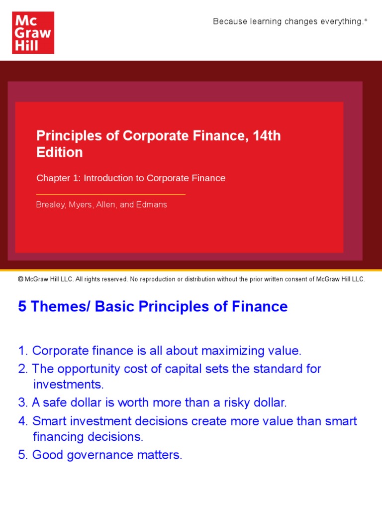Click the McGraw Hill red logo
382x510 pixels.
[x=33, y=32]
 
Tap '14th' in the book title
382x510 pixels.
[x=267, y=135]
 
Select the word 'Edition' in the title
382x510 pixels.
[x=60, y=152]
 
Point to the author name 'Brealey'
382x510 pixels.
[x=50, y=205]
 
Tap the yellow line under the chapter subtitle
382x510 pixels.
[x=111, y=194]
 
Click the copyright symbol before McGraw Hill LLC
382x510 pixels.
[x=20, y=279]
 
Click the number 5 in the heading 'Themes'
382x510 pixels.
[x=22, y=306]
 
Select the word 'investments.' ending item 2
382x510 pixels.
[x=68, y=384]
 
